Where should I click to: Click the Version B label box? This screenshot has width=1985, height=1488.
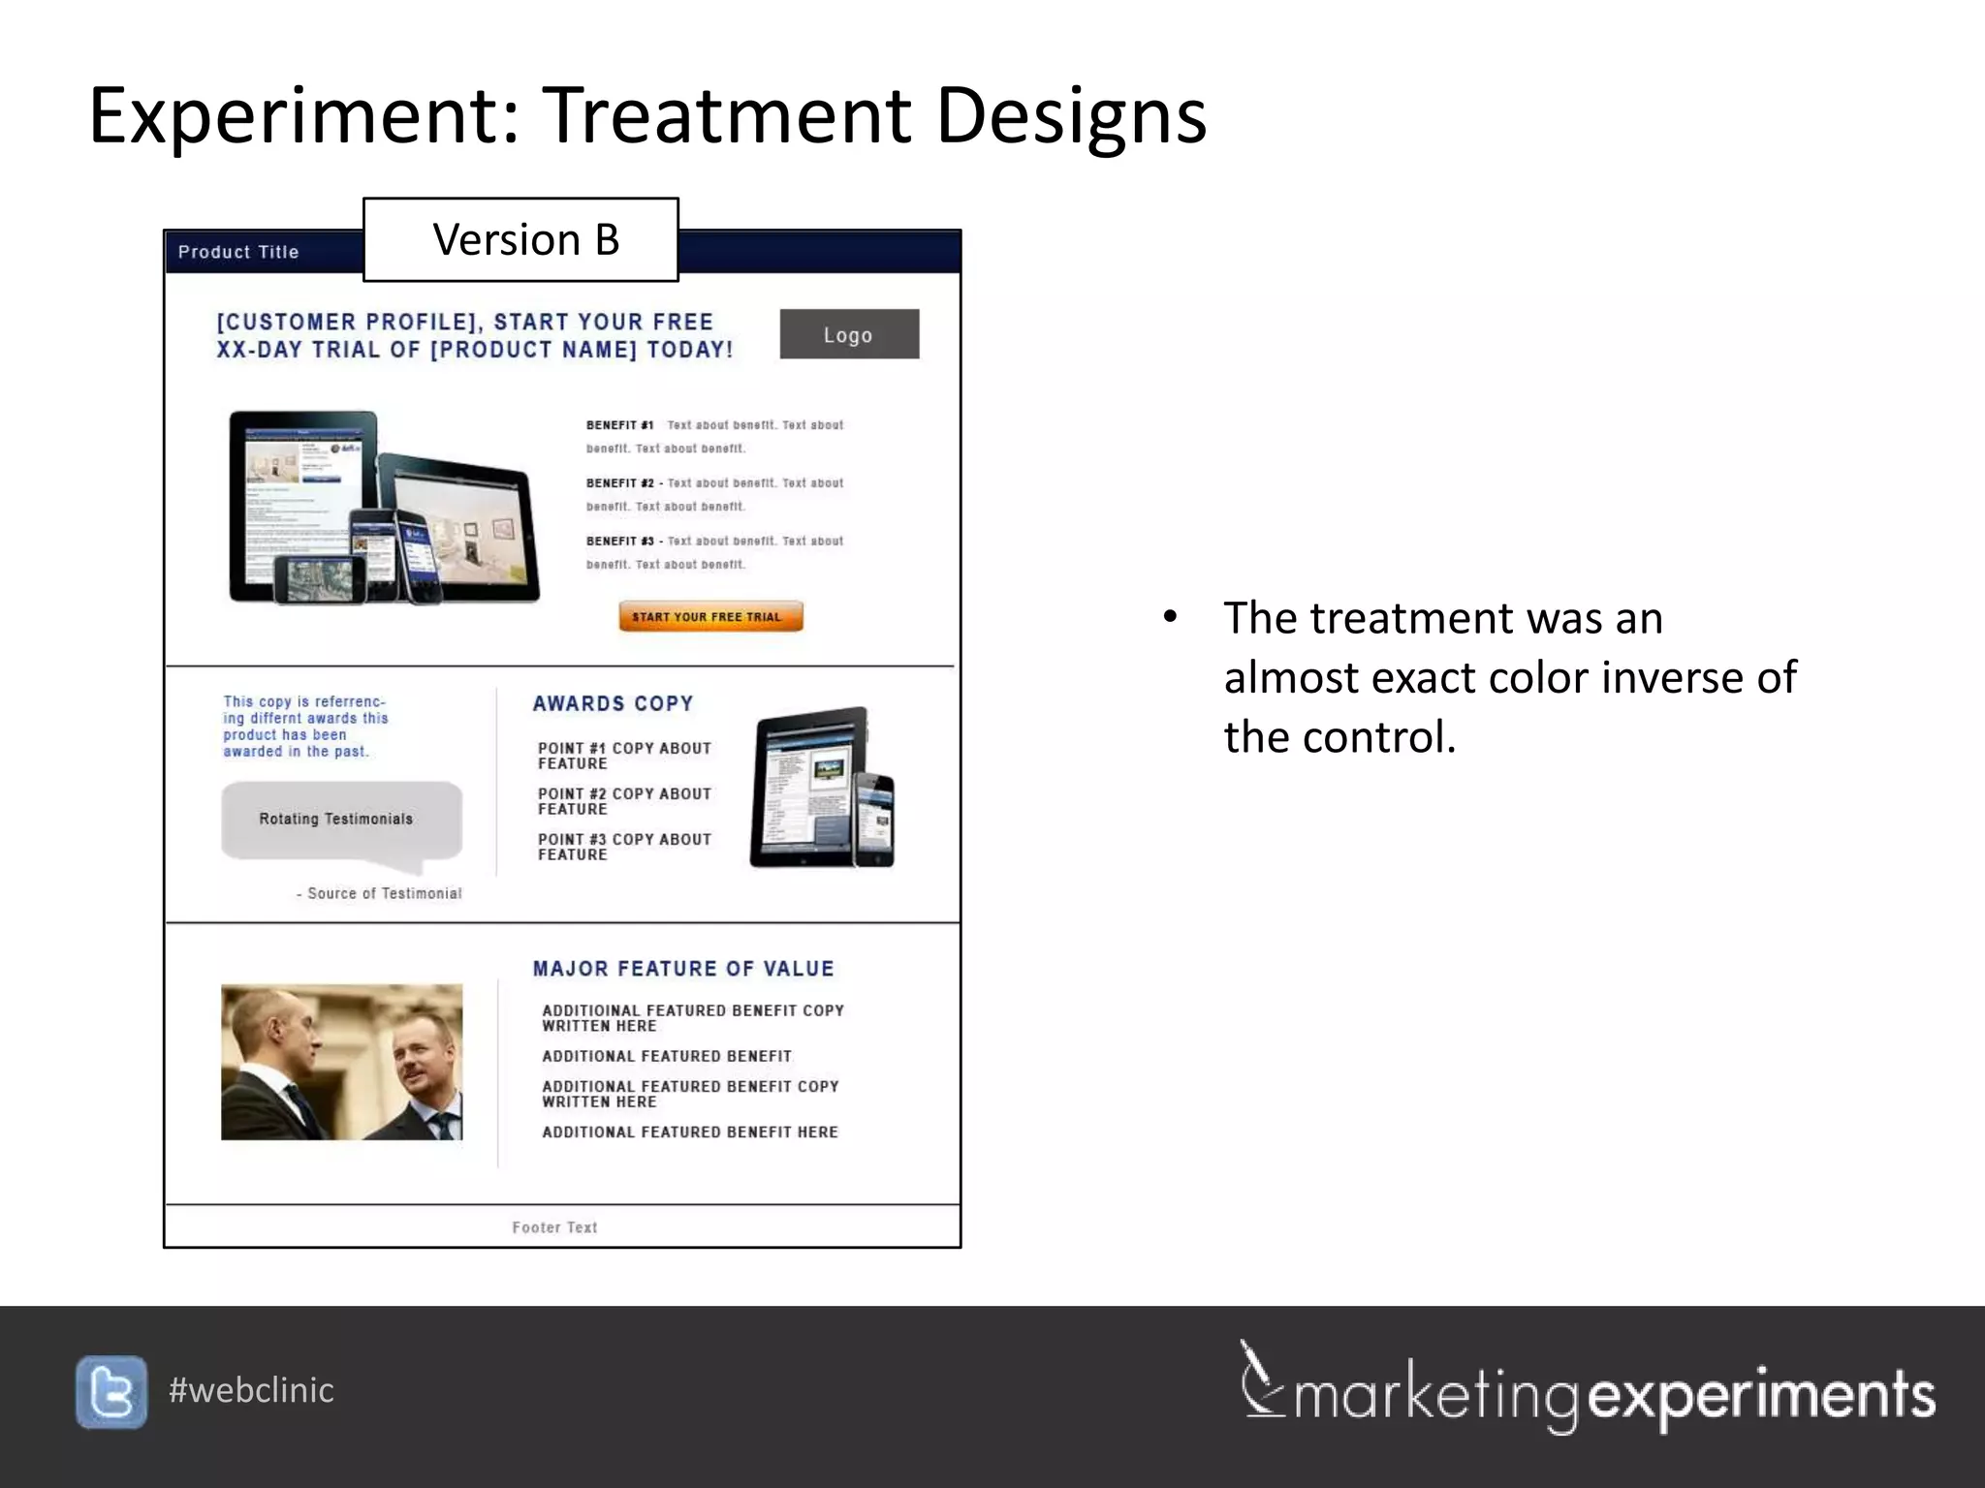[x=520, y=239]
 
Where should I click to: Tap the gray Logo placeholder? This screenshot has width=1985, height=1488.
[x=849, y=334]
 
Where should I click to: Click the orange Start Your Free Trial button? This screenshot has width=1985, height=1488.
[x=710, y=616]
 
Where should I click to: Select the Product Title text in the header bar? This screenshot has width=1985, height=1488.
[x=238, y=252]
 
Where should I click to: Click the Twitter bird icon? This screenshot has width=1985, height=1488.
[x=111, y=1392]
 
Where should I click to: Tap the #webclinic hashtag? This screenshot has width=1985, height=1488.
[x=251, y=1390]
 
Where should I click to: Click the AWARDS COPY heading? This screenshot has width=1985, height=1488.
[x=613, y=703]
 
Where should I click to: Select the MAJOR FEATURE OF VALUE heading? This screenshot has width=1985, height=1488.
[x=682, y=969]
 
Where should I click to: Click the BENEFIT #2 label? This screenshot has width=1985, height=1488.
[x=620, y=483]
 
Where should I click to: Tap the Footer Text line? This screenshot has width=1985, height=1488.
[x=554, y=1227]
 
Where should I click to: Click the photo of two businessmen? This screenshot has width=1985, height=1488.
[x=341, y=1062]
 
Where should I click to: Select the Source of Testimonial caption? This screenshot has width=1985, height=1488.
[x=380, y=893]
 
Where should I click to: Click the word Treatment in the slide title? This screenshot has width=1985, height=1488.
[x=727, y=116]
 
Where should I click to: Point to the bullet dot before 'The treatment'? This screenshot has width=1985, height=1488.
[x=1170, y=618]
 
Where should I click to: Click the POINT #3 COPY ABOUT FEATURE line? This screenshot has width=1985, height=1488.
[x=624, y=847]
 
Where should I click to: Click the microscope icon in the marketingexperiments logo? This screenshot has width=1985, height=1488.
[x=1259, y=1380]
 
